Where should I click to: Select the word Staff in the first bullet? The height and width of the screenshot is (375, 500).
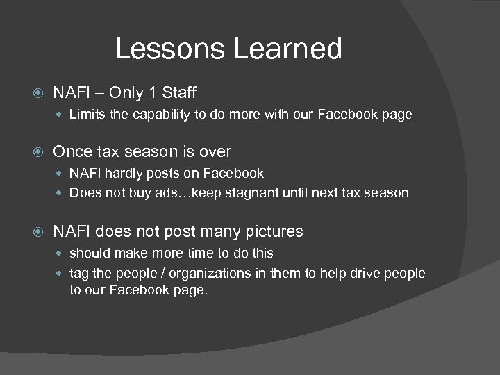181,92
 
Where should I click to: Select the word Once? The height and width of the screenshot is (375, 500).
73,151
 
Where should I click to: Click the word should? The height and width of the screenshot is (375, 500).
88,253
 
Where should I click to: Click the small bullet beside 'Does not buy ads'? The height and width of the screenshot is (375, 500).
60,193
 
